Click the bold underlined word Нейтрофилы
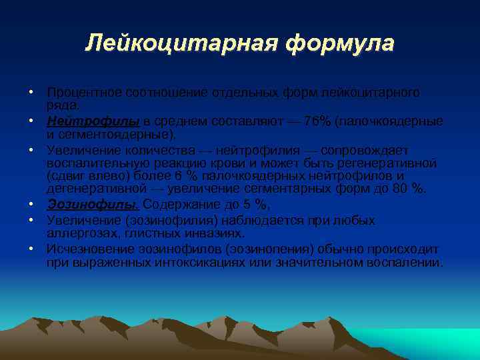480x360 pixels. point(93,121)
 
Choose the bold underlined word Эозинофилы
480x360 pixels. point(93,205)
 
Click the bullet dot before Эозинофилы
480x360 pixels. point(31,205)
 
